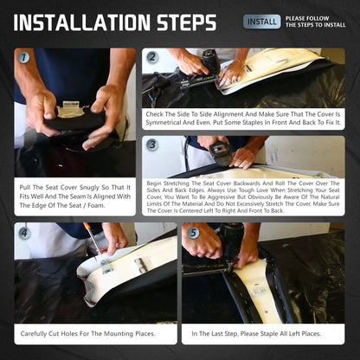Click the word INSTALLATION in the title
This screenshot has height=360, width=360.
(82, 22)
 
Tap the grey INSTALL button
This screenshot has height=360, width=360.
(261, 22)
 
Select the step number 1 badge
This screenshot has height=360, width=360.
(23, 57)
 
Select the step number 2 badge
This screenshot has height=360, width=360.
(151, 57)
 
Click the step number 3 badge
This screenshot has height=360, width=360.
(151, 145)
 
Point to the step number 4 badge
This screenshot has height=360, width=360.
(24, 233)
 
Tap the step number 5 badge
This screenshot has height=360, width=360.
(193, 233)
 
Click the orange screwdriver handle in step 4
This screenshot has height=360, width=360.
(87, 226)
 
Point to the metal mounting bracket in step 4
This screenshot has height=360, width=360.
(106, 266)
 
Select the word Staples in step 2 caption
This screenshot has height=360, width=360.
(252, 123)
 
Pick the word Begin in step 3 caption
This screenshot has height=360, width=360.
(154, 183)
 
